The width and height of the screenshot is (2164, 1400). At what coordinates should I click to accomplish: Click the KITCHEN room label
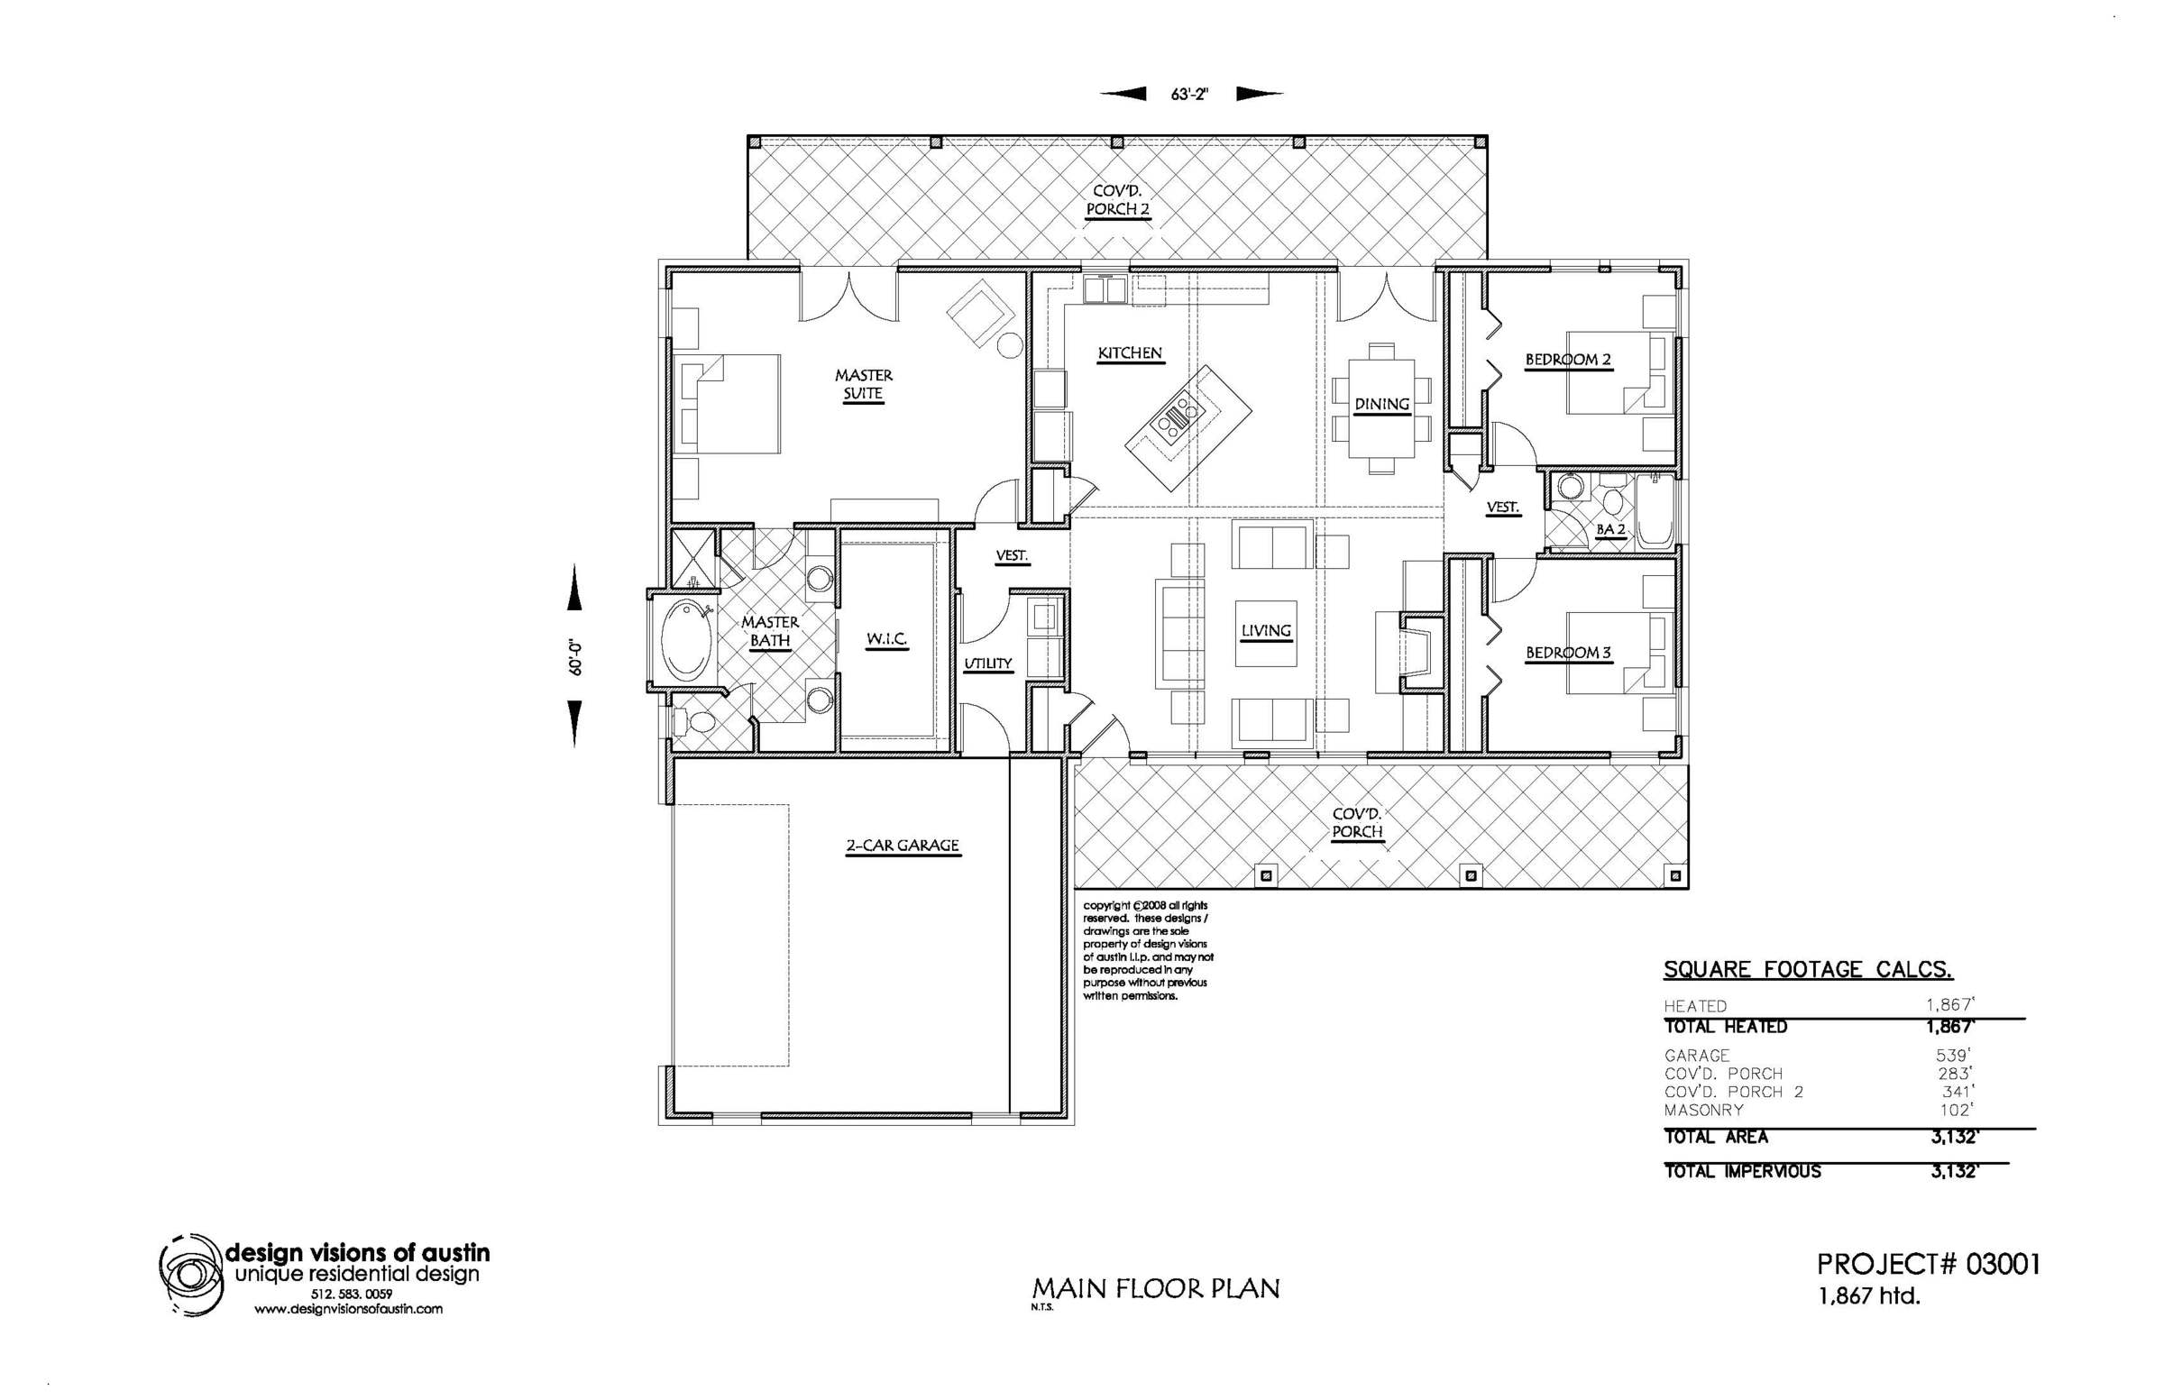click(1129, 353)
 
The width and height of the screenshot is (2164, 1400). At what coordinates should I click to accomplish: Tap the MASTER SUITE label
click(864, 385)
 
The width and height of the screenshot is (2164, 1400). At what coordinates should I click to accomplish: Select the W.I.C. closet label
click(886, 639)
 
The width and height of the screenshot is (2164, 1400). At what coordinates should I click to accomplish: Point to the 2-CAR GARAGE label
click(903, 846)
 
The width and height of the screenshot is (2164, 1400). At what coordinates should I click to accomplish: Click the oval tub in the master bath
click(681, 641)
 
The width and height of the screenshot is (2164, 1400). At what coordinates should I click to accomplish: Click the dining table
click(1381, 409)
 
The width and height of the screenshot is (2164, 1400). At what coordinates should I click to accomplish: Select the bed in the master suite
click(728, 404)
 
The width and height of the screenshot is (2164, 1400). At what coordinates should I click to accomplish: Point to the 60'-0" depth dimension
click(574, 658)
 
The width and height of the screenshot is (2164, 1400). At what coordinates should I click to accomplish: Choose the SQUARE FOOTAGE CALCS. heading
click(1809, 969)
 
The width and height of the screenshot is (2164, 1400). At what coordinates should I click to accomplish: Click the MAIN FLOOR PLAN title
click(1156, 1288)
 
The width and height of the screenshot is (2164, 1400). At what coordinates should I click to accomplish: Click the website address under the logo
click(348, 1310)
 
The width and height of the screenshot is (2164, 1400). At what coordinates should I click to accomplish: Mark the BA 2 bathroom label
click(1610, 529)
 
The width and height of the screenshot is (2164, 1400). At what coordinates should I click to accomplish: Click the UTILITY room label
click(988, 663)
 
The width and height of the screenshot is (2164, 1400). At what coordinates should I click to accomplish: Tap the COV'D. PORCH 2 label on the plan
click(1118, 200)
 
